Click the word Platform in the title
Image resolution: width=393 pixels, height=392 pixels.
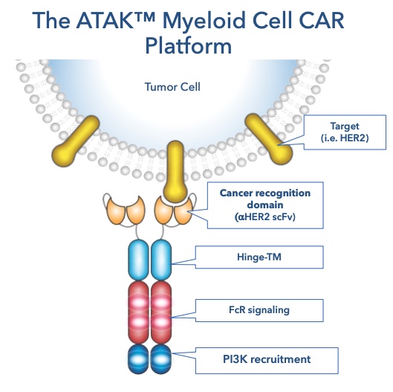[189, 46]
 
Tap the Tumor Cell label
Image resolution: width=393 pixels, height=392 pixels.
[172, 87]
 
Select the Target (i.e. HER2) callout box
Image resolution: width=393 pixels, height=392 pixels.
[345, 132]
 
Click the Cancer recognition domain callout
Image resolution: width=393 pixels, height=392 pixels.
[265, 205]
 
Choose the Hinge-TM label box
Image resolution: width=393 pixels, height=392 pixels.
[259, 257]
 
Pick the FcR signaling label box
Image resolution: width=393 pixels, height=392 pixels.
[259, 310]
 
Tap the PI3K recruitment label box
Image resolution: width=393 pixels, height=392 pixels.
[267, 359]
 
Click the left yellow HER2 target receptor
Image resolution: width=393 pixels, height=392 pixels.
[76, 141]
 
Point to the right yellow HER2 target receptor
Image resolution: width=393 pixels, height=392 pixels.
[269, 139]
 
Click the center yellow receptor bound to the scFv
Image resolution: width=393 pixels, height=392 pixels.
[175, 172]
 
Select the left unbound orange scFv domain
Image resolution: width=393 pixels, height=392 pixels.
[124, 210]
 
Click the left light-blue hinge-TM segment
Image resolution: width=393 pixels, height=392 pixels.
[138, 260]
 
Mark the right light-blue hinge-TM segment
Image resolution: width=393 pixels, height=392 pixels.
[161, 260]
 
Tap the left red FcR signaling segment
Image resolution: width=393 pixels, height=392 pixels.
[138, 312]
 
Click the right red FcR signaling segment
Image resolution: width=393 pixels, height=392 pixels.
[161, 312]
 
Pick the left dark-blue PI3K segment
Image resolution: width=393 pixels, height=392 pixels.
[138, 359]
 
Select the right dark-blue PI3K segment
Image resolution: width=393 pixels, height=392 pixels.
[161, 359]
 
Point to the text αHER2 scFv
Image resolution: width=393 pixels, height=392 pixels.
[265, 216]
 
